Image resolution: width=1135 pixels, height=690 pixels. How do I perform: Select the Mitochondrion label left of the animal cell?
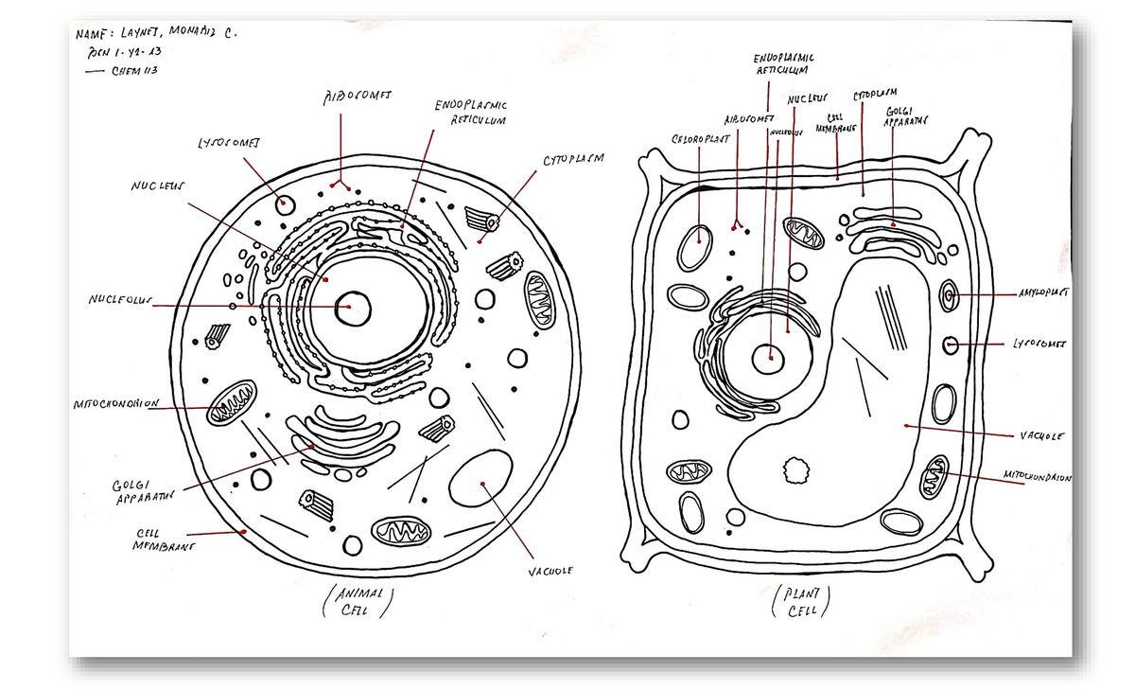click(113, 405)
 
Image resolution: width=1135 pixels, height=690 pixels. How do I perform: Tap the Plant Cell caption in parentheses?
click(799, 602)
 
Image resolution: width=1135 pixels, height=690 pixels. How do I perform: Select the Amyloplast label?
click(1043, 295)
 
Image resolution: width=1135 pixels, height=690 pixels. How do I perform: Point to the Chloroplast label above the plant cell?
click(699, 138)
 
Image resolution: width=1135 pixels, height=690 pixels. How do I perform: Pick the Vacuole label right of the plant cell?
click(1043, 436)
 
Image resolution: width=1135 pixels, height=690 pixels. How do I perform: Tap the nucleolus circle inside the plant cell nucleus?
click(770, 358)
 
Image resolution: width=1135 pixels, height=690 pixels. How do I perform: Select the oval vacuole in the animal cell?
click(481, 479)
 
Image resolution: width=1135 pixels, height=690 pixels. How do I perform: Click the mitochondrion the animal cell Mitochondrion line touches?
click(232, 403)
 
